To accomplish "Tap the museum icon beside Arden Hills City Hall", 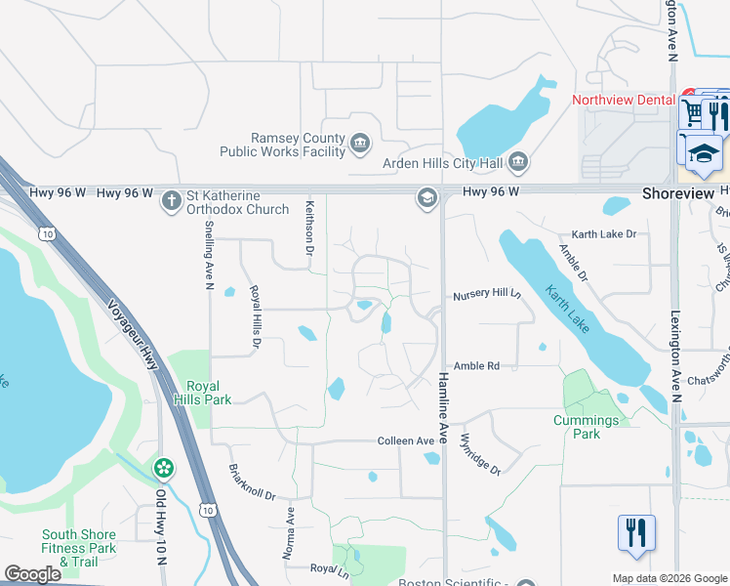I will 517,160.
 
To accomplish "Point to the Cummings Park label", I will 586,427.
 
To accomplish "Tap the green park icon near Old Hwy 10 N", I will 163,469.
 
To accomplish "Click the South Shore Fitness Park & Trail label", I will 78,547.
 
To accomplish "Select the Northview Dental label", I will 623,100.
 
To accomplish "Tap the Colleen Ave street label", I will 406,441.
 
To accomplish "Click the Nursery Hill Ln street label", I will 487,295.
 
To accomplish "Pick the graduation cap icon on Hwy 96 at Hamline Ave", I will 426,198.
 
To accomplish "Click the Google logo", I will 32,575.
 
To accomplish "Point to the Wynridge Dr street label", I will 479,454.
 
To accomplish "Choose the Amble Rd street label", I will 476,365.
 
